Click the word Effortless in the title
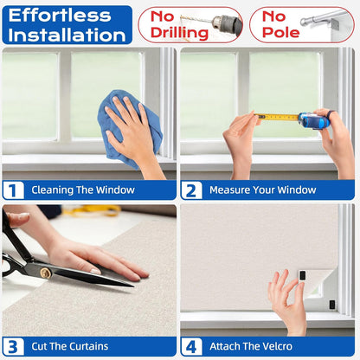pyautogui.click(x=60, y=16)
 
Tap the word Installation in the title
pyautogui.click(x=67, y=35)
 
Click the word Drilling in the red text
pyautogui.click(x=179, y=33)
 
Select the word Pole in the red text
pyautogui.click(x=280, y=32)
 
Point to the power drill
pyautogui.click(x=227, y=23)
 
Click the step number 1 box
pyautogui.click(x=13, y=190)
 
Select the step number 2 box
pyautogui.click(x=191, y=190)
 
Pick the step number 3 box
pyautogui.click(x=13, y=346)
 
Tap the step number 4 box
pyautogui.click(x=191, y=346)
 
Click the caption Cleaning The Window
pyautogui.click(x=83, y=190)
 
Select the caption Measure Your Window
pyautogui.click(x=263, y=190)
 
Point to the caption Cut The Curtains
pyautogui.click(x=70, y=346)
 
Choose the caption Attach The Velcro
pyautogui.click(x=251, y=346)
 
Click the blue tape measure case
pyautogui.click(x=314, y=120)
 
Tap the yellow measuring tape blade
pyautogui.click(x=278, y=117)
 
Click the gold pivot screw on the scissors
pyautogui.click(x=46, y=273)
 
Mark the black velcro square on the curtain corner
pyautogui.click(x=302, y=275)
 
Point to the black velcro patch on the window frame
pyautogui.click(x=332, y=305)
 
